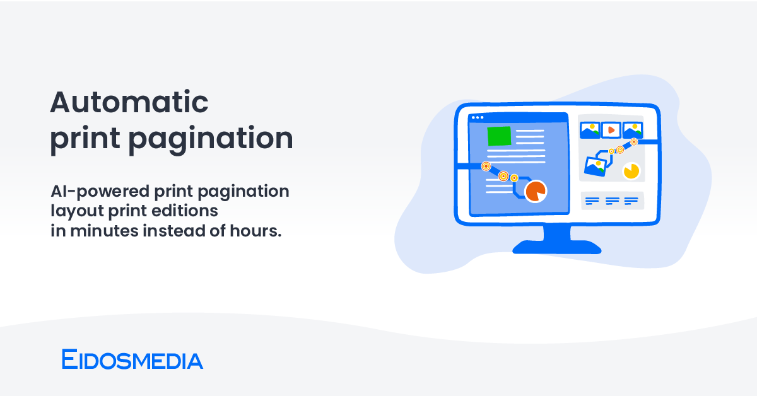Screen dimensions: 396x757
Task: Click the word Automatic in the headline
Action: (129, 102)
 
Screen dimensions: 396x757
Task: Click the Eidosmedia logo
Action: (132, 360)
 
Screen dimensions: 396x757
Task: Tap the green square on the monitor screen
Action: (499, 136)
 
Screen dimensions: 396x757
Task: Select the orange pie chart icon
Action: (536, 191)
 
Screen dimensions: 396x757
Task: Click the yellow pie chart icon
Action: (631, 170)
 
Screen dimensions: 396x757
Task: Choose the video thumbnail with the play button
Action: (610, 130)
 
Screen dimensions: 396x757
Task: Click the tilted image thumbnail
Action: (596, 165)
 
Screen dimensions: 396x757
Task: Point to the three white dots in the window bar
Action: (478, 117)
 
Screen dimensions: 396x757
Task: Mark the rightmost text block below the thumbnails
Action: (631, 201)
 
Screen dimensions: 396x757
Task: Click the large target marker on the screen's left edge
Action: (486, 166)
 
